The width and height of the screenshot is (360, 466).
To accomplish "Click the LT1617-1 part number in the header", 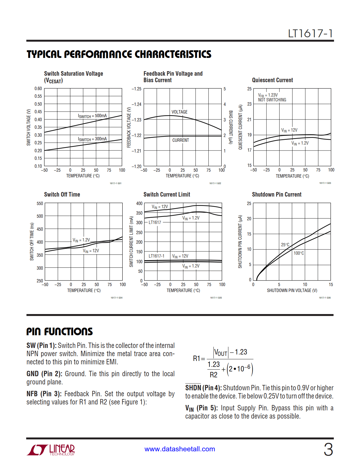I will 310,34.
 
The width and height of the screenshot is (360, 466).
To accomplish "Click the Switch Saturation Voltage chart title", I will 73,74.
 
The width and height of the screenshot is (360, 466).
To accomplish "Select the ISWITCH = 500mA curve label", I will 92,116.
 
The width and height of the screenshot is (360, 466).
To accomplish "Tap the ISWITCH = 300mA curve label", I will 92,139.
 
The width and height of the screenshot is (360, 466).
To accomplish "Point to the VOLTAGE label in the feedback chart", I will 180,112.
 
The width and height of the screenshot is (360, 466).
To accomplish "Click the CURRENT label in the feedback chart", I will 181,140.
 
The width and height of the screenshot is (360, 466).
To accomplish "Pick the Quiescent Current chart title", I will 272,80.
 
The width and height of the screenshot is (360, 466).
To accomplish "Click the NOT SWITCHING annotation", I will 272,100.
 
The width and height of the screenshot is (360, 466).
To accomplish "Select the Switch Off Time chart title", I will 62,195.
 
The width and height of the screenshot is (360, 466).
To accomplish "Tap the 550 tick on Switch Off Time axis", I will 40,203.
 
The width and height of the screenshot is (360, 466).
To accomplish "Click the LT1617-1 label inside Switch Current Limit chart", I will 156,256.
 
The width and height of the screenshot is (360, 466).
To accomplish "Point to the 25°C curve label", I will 285,245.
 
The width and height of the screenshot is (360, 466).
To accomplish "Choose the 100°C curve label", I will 299,253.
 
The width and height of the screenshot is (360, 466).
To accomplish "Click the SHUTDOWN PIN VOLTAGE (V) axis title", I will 292,290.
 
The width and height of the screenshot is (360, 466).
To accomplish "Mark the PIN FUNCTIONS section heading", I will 60,332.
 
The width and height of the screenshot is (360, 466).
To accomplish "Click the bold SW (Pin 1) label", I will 42,345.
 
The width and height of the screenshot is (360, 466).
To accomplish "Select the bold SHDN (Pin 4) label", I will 203,388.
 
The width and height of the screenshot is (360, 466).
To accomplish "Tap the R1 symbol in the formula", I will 197,358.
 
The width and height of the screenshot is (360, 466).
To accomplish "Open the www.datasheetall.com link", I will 180,449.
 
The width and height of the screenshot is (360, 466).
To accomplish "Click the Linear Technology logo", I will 51,450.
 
